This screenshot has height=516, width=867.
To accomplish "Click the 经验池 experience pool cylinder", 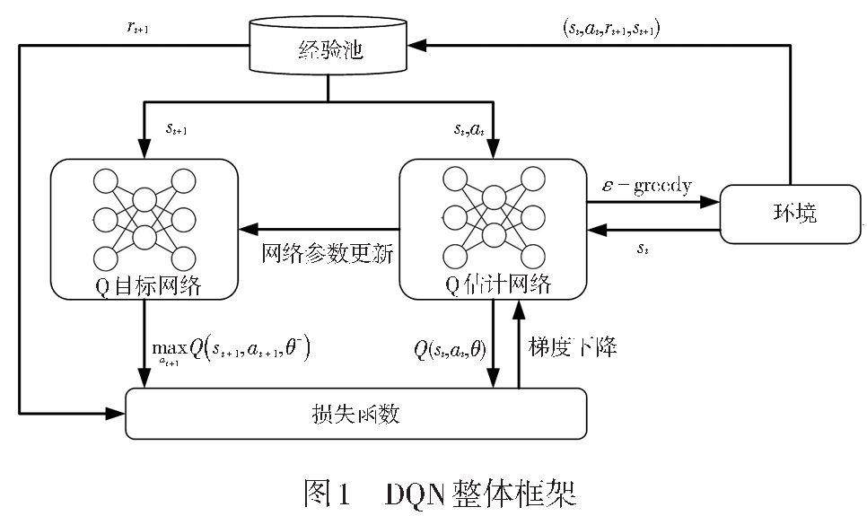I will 328,51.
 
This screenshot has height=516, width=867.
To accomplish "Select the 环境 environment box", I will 789,214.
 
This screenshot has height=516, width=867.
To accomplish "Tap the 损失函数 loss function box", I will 355,414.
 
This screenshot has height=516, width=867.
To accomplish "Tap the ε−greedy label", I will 646,187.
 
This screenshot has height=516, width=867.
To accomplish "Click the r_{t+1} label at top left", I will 136,27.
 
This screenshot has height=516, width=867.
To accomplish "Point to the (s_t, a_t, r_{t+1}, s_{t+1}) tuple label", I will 609,27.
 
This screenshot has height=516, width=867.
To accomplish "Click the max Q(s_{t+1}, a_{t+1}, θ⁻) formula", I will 232,348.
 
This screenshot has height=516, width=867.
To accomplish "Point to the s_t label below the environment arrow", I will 643,249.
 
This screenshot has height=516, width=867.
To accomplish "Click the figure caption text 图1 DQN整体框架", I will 440,493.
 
